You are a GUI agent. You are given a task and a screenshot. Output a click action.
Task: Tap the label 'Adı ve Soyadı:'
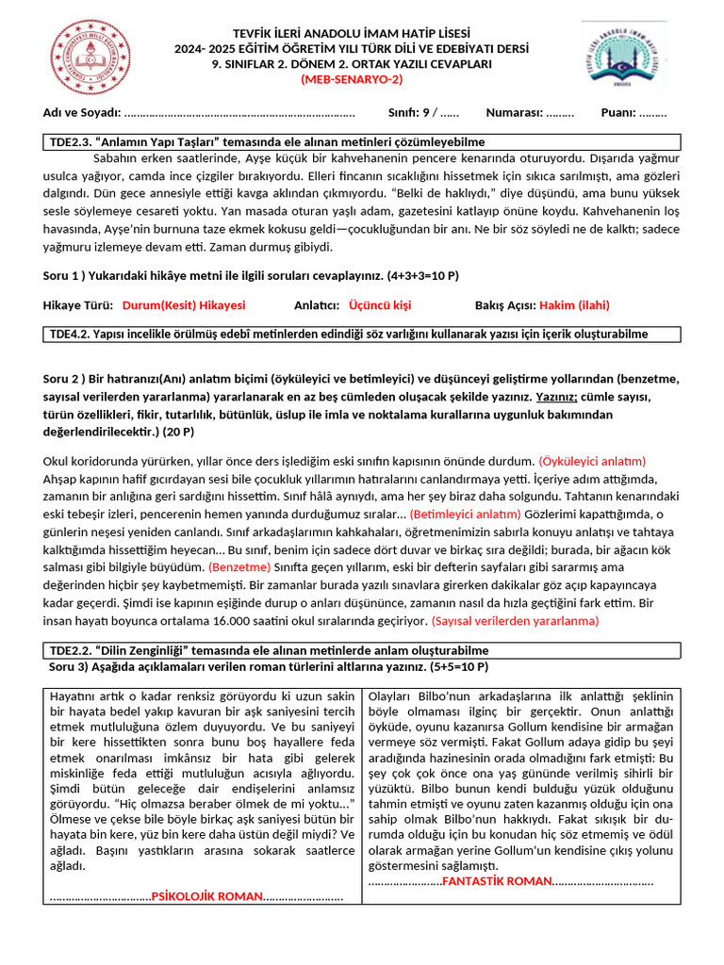82,113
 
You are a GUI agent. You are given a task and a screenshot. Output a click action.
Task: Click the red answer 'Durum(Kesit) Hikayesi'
183,305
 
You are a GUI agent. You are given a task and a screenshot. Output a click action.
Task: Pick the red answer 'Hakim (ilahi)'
574,305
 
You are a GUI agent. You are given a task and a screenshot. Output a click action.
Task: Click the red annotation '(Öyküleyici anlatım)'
592,461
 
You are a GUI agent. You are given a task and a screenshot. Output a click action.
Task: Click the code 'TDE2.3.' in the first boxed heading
71,142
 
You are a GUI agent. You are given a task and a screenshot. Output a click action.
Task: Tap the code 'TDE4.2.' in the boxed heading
71,335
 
